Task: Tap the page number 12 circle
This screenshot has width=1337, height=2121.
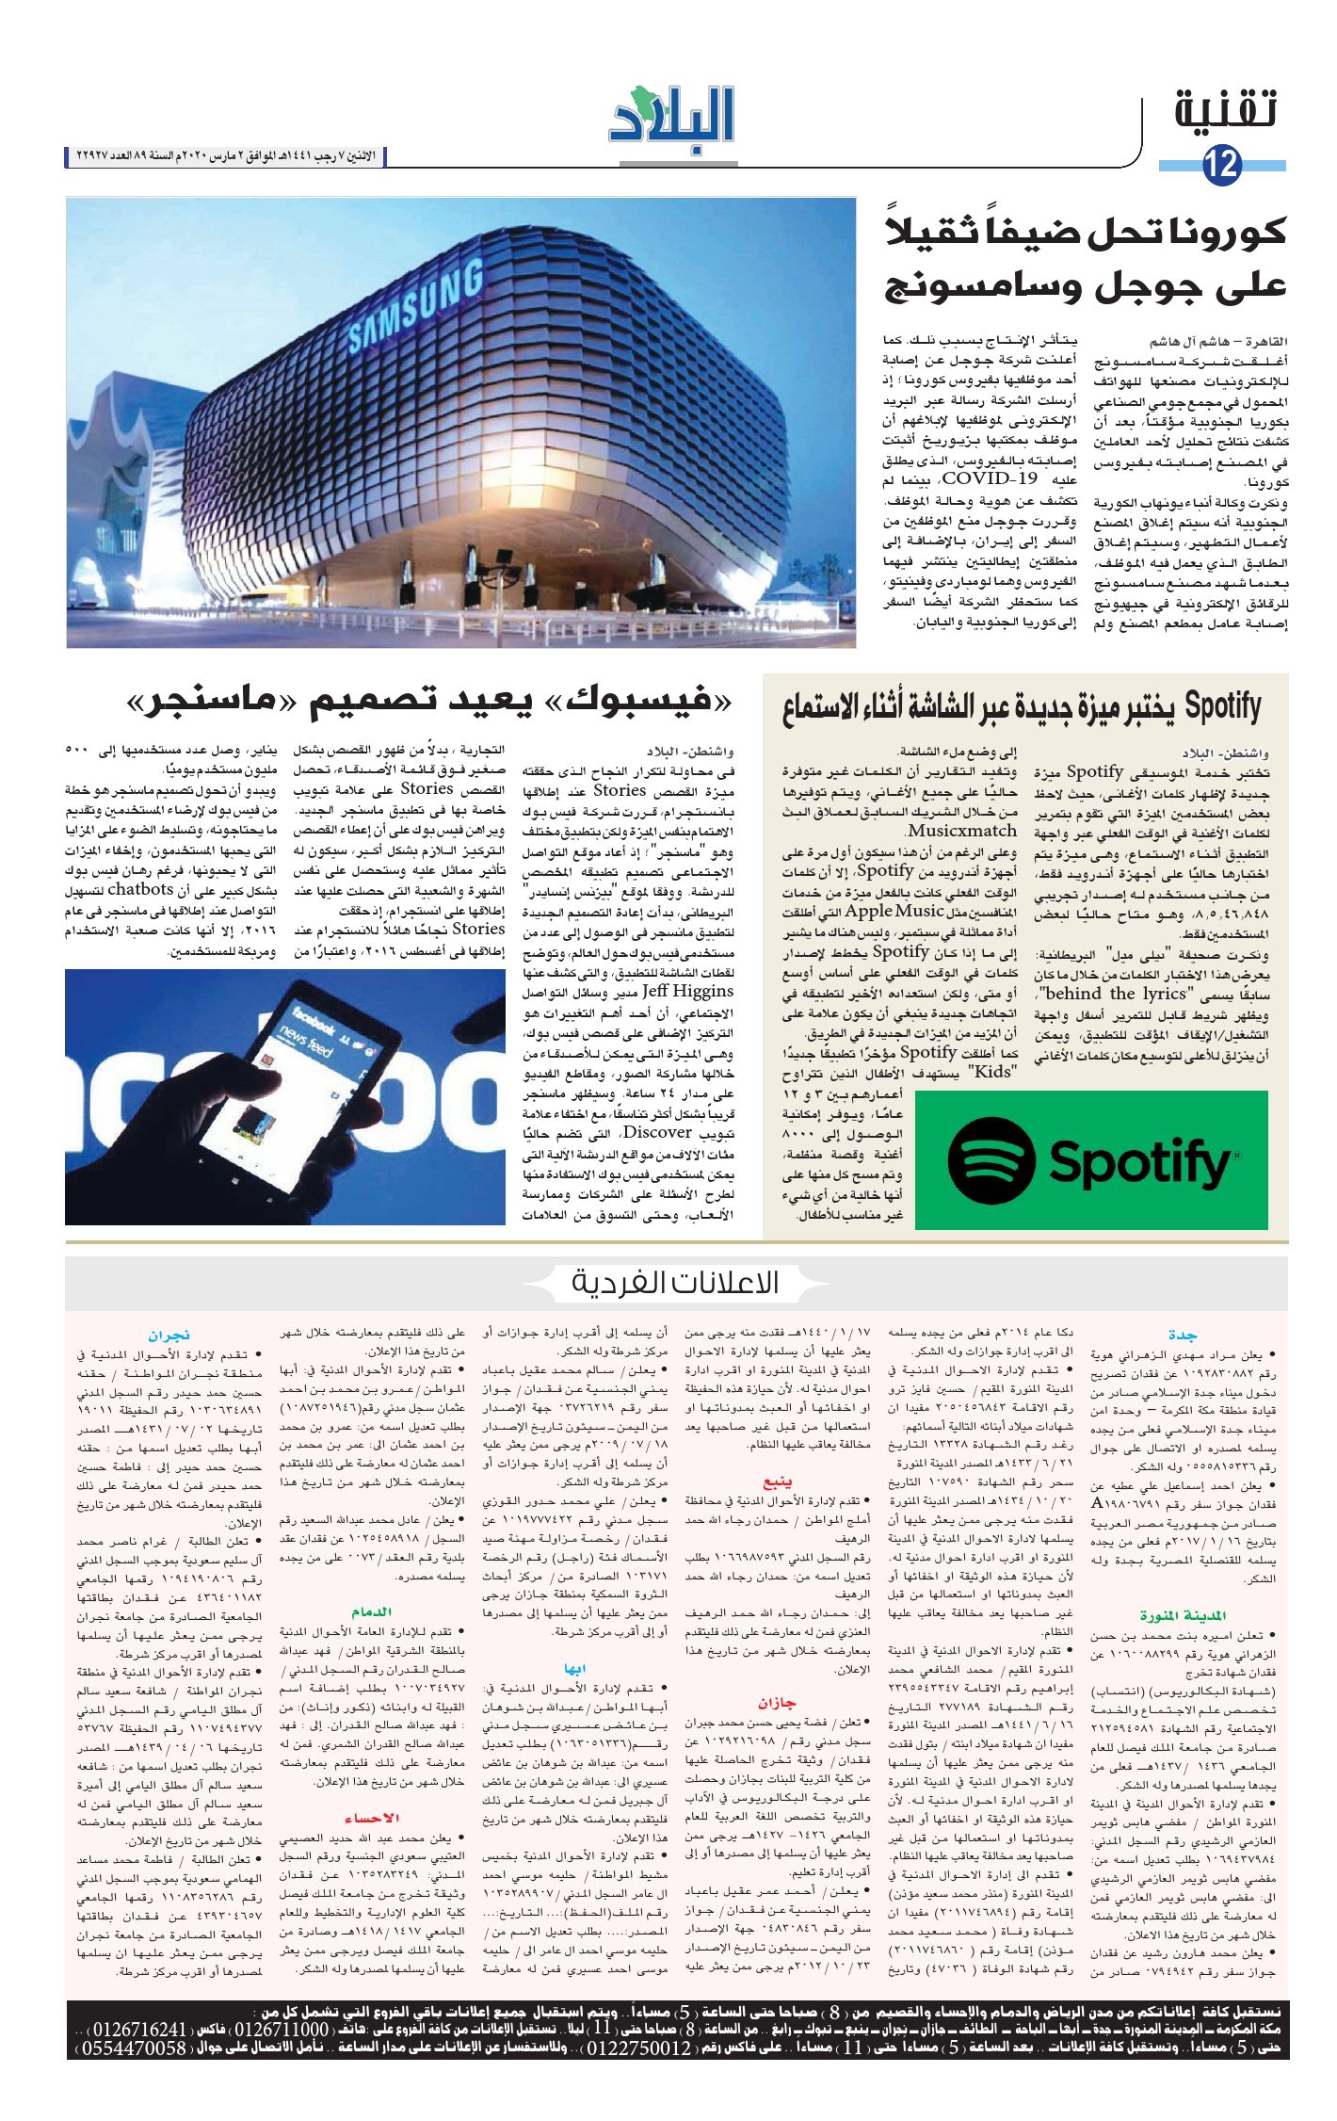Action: [x=1222, y=167]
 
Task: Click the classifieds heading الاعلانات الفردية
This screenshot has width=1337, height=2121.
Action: [x=675, y=1283]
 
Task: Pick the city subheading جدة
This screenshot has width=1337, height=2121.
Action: [x=1183, y=1336]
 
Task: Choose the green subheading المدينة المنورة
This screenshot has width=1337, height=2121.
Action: [x=1175, y=1615]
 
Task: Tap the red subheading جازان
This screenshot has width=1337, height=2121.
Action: [x=777, y=1702]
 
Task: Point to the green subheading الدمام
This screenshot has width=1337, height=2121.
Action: [x=371, y=1611]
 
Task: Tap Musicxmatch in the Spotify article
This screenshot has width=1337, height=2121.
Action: [x=961, y=831]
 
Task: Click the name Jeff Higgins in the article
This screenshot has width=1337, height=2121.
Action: [x=688, y=991]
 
